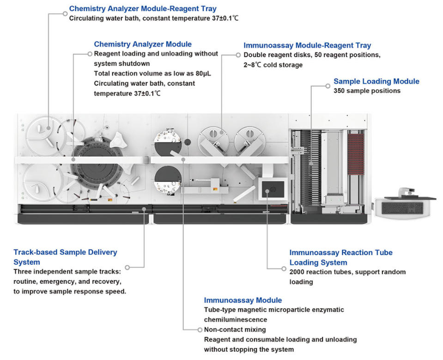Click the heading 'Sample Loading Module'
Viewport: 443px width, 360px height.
point(376,81)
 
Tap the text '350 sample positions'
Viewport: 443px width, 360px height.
point(367,91)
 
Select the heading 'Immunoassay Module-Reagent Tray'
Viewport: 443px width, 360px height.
point(307,45)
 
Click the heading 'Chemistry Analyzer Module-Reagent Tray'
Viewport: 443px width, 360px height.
point(143,8)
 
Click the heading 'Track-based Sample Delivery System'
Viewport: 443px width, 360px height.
point(65,257)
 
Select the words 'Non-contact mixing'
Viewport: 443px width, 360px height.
point(235,329)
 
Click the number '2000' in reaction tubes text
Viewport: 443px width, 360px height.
point(298,272)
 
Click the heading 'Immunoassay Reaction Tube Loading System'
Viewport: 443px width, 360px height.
point(340,257)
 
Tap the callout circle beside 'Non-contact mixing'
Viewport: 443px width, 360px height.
point(199,329)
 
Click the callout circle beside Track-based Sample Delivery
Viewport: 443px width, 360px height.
point(127,267)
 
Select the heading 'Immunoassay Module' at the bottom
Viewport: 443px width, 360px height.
point(243,300)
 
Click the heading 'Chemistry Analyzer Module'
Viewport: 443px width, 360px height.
point(143,44)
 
